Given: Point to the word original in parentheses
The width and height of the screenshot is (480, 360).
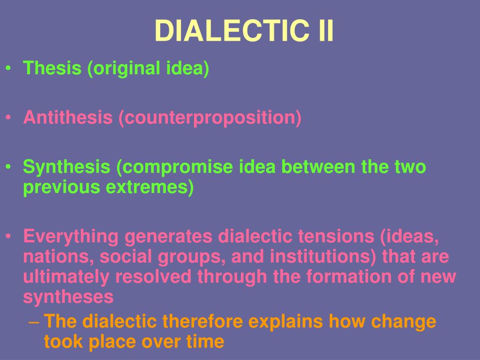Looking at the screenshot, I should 126,69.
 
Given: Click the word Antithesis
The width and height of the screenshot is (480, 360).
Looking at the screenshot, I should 68,117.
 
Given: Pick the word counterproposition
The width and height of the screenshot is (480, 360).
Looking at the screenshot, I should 210,118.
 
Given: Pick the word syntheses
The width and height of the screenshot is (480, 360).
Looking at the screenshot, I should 68,297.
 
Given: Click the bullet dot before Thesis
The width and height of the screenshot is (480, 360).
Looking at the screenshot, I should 9,69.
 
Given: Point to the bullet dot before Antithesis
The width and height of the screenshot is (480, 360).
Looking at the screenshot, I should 9,118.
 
